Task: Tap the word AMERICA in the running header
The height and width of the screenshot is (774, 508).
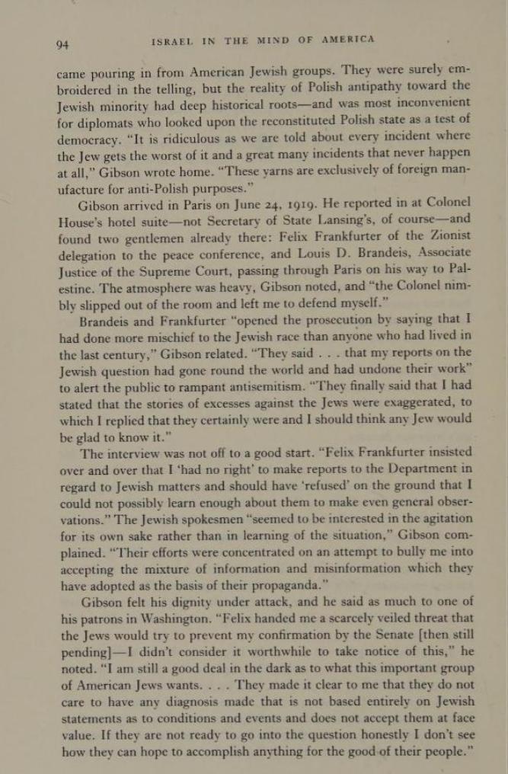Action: click(x=346, y=40)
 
